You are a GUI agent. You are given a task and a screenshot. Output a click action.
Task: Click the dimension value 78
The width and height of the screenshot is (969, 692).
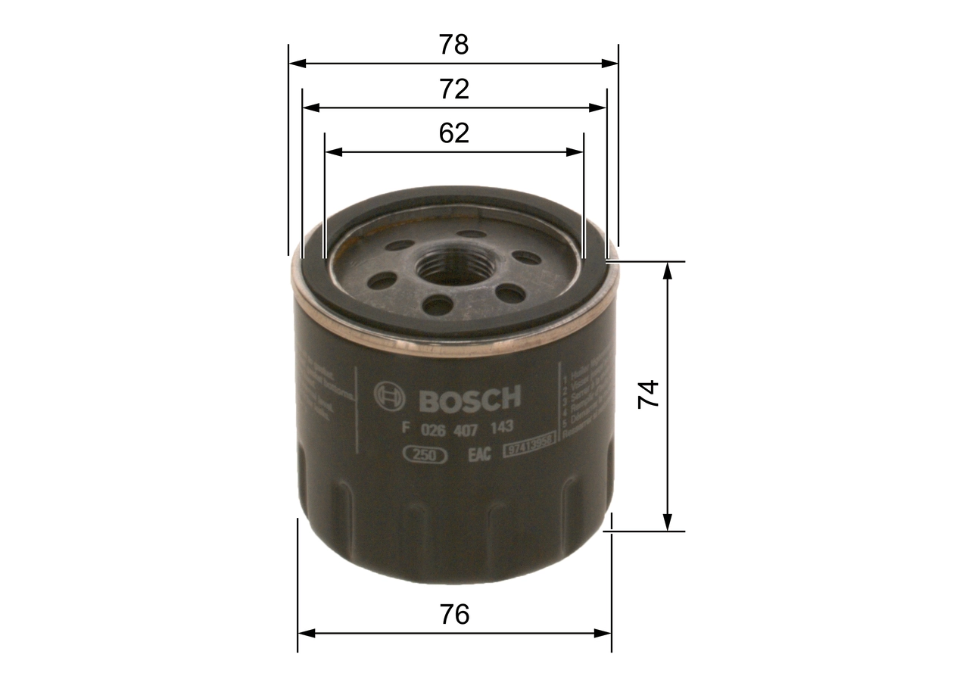tap(454, 45)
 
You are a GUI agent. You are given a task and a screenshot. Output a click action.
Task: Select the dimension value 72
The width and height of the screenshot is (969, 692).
tap(454, 89)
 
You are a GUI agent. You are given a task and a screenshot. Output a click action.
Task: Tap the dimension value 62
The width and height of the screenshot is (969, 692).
tap(454, 133)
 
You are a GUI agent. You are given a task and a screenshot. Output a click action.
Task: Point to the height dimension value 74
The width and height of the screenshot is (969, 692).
tap(649, 394)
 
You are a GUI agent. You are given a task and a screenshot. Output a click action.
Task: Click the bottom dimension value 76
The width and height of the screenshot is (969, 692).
tap(454, 614)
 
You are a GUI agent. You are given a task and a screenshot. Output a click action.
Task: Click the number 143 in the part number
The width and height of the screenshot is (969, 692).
tap(502, 428)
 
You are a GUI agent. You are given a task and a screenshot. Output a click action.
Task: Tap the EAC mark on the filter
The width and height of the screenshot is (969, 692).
tap(480, 454)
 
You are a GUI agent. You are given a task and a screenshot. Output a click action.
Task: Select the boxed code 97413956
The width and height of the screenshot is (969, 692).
tap(529, 449)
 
